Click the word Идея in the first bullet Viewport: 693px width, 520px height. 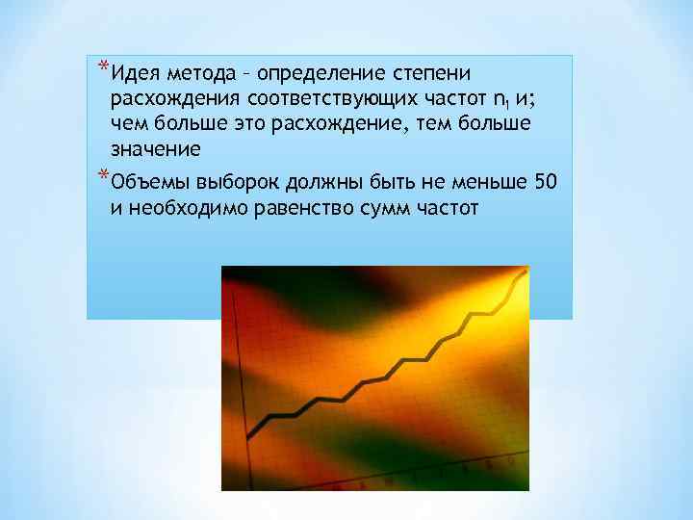point(134,74)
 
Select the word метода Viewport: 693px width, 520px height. point(196,74)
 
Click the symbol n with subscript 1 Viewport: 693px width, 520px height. point(500,100)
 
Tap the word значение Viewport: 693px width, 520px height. point(155,149)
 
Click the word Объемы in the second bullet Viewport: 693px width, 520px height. point(149,183)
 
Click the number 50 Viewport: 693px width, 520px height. point(545,182)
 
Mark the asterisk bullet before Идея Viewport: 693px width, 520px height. point(103,68)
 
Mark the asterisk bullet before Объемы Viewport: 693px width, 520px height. point(103,176)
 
